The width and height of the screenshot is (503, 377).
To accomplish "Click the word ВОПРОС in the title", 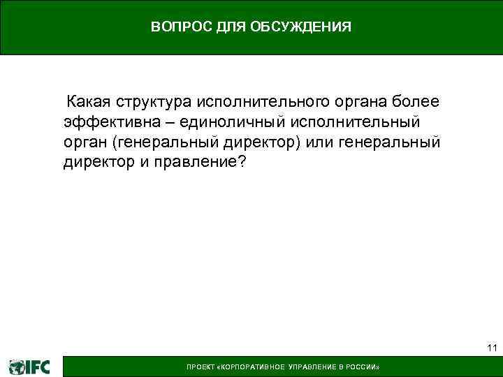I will pos(175,27).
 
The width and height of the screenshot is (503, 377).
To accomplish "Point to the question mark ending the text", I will pos(242,163).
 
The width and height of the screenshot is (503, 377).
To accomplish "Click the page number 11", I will pos(491,348).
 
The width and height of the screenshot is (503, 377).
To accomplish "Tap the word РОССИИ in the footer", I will pos(364,367).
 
